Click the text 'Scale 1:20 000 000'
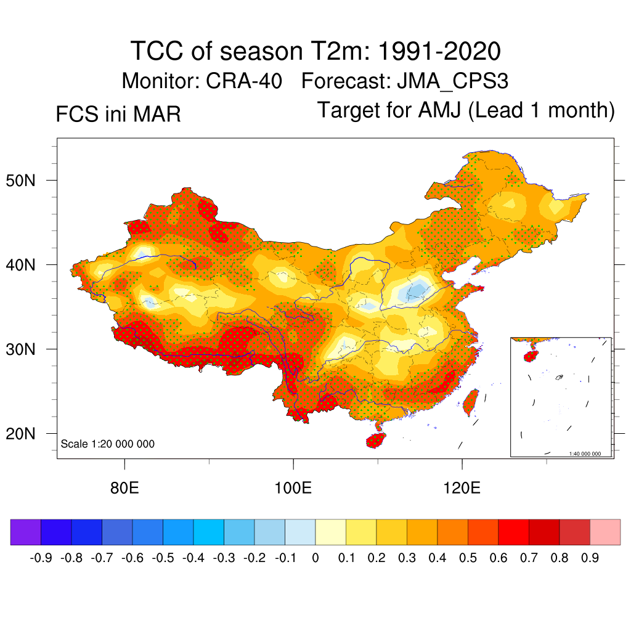point(108,444)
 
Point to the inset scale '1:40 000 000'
point(589,454)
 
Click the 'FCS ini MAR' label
point(118,115)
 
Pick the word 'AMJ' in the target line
point(441,110)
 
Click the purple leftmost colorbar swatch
point(26,532)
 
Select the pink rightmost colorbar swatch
point(605,532)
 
